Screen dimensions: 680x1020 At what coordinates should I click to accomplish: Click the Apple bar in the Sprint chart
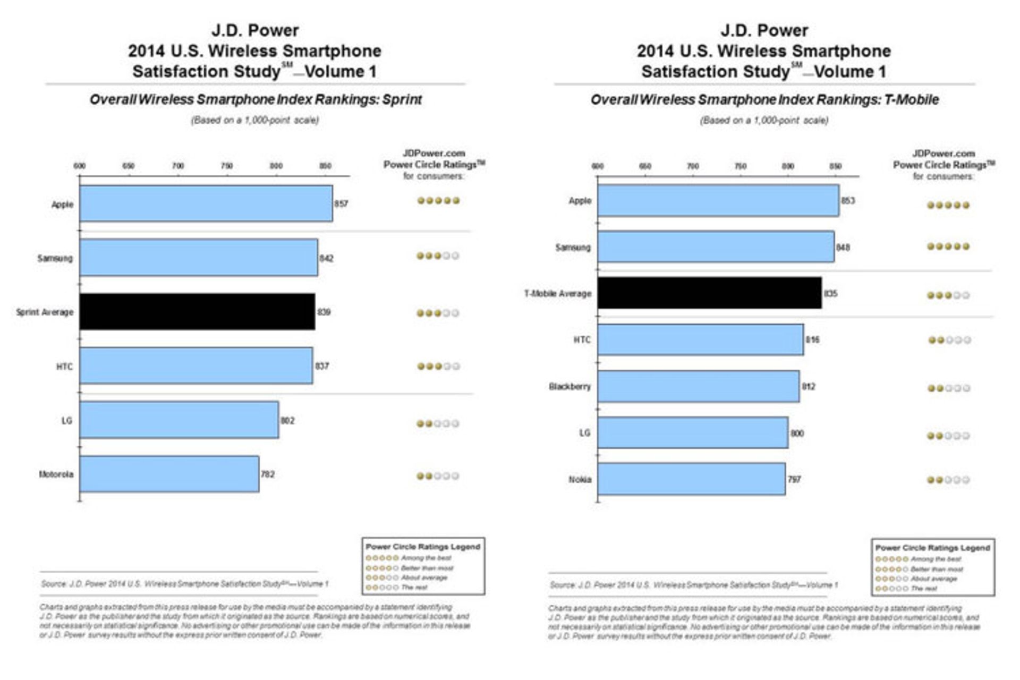pos(206,203)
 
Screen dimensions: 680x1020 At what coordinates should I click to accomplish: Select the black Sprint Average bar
pos(197,312)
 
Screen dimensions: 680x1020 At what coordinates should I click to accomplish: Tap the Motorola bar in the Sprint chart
pos(169,474)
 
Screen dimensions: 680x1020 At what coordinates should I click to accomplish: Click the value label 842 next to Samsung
pos(326,258)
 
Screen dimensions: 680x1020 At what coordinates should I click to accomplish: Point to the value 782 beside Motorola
pos(268,474)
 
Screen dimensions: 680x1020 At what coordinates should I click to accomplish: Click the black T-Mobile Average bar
pos(709,293)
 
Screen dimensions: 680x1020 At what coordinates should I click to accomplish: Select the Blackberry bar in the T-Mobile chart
pos(698,386)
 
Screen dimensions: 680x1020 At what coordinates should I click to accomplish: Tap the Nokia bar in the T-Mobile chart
pos(691,479)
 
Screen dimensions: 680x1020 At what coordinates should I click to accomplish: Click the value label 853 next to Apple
pos(848,201)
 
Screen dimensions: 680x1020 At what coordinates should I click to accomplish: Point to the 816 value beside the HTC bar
pos(812,339)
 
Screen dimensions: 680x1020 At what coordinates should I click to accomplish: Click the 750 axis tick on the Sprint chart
pos(227,166)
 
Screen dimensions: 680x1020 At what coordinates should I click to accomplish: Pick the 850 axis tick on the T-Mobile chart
pos(835,166)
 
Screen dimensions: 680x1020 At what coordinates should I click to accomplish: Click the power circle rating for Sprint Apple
pos(438,201)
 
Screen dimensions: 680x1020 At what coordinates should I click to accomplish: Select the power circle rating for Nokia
pos(948,480)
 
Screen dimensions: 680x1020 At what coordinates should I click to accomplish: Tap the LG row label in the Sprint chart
pos(66,420)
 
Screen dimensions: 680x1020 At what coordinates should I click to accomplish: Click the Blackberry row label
pos(569,386)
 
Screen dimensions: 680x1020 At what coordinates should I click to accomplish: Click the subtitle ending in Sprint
pos(256,100)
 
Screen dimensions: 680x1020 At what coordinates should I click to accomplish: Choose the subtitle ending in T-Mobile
pos(764,100)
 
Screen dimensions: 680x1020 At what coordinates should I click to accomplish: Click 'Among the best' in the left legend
pos(426,558)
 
